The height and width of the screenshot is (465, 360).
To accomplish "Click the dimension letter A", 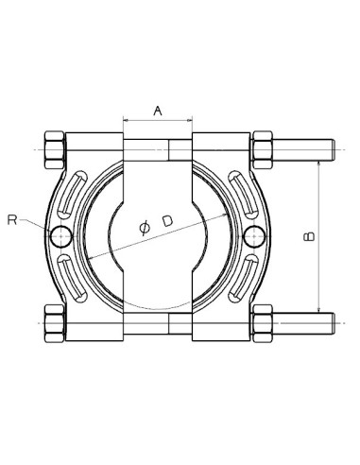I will pyautogui.click(x=158, y=111).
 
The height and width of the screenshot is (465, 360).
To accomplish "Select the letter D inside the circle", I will pyautogui.click(x=167, y=220).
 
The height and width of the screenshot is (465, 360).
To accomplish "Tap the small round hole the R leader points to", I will pyautogui.click(x=62, y=233).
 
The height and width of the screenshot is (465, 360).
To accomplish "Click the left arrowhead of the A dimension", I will pyautogui.click(x=126, y=121).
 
